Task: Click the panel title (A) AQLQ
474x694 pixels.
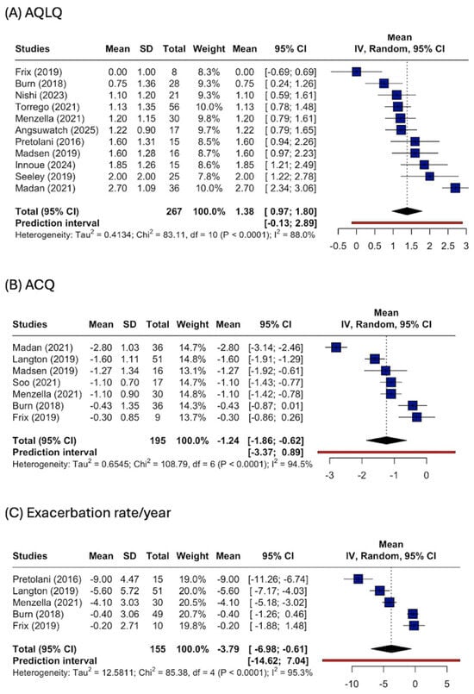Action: click(34, 12)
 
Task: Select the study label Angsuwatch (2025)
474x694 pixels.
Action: click(57, 130)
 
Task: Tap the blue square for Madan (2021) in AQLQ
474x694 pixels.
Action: click(455, 188)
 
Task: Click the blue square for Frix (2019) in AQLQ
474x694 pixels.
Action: click(356, 72)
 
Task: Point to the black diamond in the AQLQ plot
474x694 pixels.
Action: click(407, 211)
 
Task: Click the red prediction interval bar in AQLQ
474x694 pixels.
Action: click(407, 222)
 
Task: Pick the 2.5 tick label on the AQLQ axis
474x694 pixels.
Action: click(447, 246)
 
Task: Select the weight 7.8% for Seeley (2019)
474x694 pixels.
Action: click(209, 177)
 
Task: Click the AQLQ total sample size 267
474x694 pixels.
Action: click(174, 211)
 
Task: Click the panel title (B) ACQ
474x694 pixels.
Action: click(29, 284)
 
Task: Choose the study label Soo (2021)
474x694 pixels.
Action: click(36, 383)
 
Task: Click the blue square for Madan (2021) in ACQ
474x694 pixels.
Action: click(336, 347)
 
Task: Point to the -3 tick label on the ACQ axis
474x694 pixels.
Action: click(330, 475)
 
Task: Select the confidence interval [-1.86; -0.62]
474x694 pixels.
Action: click(276, 441)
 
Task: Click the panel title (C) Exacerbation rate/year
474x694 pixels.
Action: click(88, 513)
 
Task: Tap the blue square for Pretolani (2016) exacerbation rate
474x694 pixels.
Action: click(358, 579)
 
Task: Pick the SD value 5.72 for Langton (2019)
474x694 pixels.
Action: click(129, 591)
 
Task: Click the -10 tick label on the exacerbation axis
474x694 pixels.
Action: click(352, 684)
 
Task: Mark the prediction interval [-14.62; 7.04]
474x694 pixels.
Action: click(278, 660)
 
